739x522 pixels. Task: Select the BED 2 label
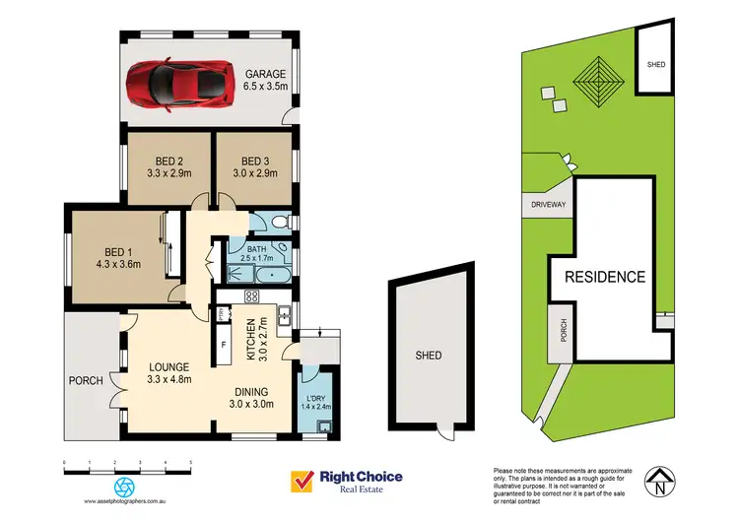click(168, 162)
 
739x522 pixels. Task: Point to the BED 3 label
click(254, 162)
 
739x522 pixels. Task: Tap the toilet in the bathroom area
click(279, 223)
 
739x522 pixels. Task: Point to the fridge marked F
click(224, 345)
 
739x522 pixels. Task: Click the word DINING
click(263, 388)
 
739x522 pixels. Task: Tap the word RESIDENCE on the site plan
click(605, 277)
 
